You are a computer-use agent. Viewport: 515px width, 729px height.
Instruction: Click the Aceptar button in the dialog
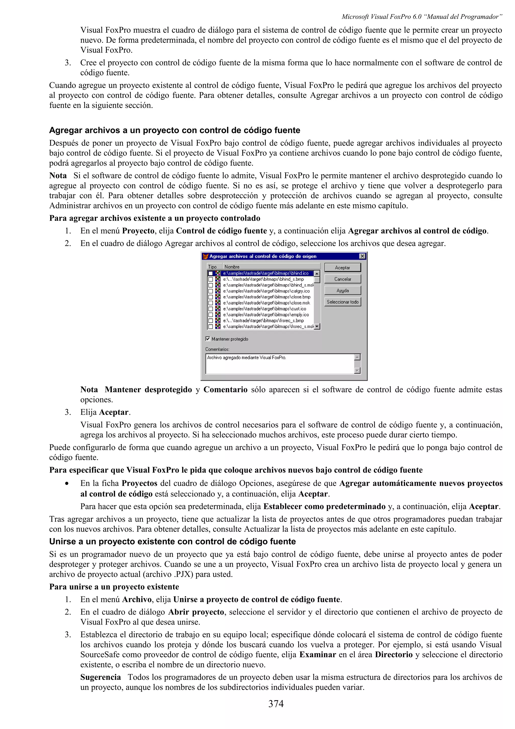[342, 268]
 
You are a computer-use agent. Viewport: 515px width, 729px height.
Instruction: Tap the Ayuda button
[342, 291]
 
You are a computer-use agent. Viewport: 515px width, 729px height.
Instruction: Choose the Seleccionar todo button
[342, 302]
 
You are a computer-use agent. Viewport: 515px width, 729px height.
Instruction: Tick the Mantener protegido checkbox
[208, 339]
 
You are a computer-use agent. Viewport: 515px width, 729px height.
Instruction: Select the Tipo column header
[212, 267]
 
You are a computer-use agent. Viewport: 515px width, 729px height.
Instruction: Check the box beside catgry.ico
[210, 291]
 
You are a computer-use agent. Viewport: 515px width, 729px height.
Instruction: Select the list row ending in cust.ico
[264, 309]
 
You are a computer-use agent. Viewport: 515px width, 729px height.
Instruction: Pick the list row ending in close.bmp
[267, 297]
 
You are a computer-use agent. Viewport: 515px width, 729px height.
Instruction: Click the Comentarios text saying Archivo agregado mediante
[246, 357]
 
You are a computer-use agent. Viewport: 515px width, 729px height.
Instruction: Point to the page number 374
[276, 704]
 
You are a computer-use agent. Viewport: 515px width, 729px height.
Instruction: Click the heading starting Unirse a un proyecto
[172, 541]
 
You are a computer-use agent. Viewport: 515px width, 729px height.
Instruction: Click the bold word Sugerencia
[100, 677]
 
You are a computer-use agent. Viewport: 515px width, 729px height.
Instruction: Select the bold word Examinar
[317, 654]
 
